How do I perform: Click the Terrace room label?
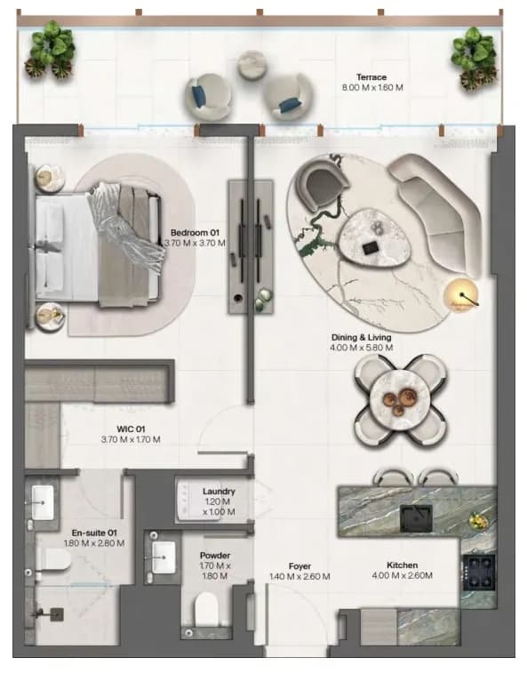coord(371,77)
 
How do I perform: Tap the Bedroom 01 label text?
coord(195,233)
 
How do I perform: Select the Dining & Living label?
coord(361,337)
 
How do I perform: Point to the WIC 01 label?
coord(131,429)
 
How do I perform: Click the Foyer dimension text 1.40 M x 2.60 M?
coord(299,576)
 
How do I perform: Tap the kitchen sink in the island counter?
coord(416,518)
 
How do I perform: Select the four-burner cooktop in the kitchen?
coord(479,573)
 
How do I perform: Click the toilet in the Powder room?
coord(207,609)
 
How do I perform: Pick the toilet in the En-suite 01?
coord(53,560)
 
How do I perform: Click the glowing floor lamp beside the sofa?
coord(461,295)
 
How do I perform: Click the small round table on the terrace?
coord(252,65)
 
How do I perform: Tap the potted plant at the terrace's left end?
coord(52,49)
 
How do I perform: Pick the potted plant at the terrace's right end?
coord(475,58)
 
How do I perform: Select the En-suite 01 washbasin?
coord(43,501)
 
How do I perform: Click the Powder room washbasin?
coord(164,558)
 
